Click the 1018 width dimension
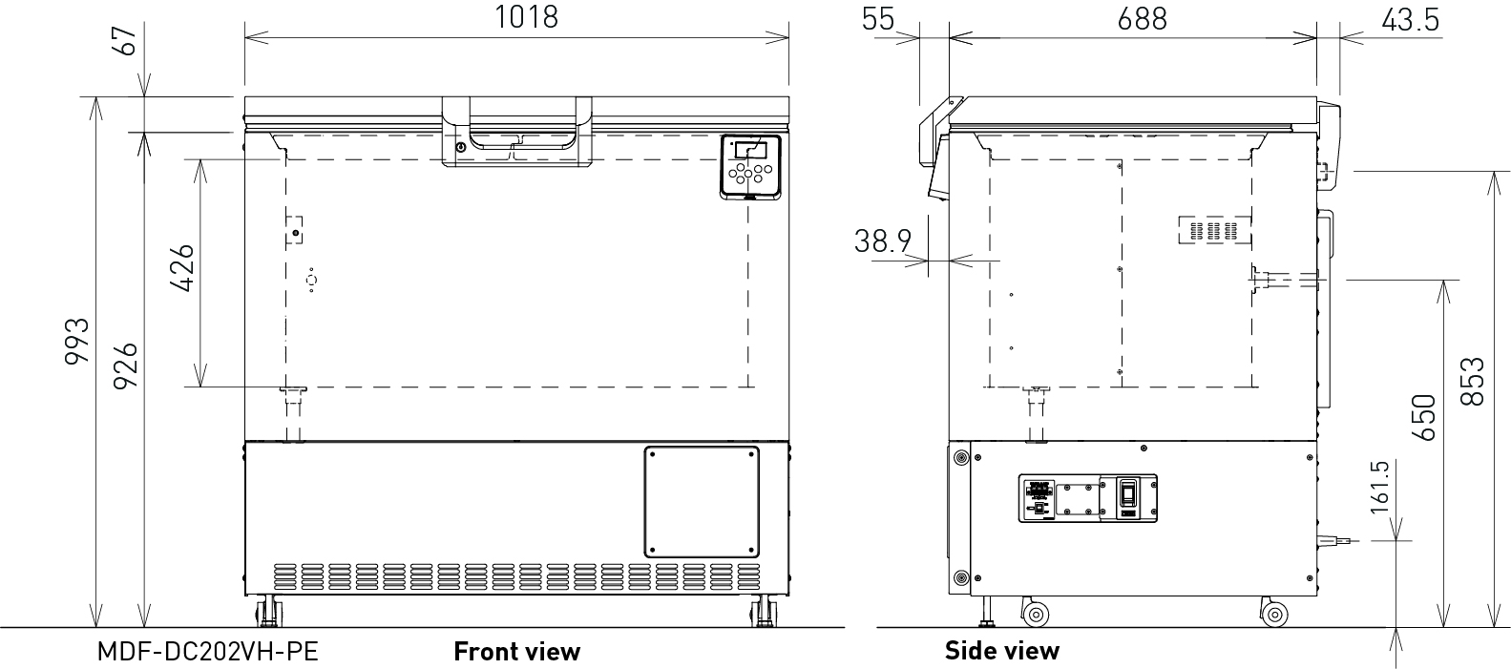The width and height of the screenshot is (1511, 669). click(527, 17)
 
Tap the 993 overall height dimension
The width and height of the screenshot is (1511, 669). click(77, 342)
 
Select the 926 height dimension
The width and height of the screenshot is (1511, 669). click(125, 366)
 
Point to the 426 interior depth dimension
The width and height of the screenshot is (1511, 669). click(182, 268)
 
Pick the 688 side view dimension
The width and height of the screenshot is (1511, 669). click(1142, 19)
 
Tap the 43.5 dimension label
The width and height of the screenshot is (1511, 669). click(1411, 20)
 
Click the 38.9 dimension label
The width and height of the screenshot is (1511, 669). click(882, 240)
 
